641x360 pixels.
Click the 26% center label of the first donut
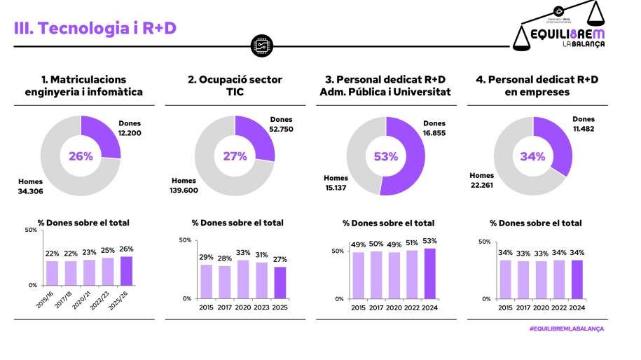[x=81, y=155]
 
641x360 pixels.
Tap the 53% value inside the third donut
[x=386, y=155]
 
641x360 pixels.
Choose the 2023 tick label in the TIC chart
[x=260, y=307]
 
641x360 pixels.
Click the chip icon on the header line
[x=260, y=46]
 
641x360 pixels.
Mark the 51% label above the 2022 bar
[x=411, y=243]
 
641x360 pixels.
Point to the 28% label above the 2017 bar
[x=223, y=258]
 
